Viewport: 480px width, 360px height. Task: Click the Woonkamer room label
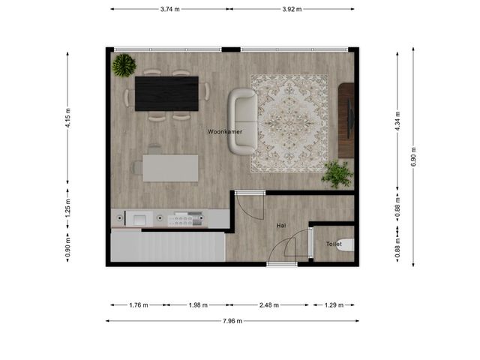point(225,132)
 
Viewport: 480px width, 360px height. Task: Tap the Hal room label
point(281,226)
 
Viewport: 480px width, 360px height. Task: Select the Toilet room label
point(334,244)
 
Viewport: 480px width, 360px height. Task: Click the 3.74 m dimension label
point(170,9)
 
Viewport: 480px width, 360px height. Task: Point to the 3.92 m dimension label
point(292,9)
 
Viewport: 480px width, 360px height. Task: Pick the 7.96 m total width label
point(232,321)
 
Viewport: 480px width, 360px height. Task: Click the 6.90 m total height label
point(413,157)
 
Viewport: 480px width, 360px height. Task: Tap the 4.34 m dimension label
point(397,121)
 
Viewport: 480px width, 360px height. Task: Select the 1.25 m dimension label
point(68,208)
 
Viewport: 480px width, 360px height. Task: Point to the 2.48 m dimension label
point(269,305)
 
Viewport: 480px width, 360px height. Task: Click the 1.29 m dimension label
point(334,305)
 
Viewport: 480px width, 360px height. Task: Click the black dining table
point(166,94)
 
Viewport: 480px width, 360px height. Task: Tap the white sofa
point(243,121)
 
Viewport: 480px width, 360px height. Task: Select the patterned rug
point(289,123)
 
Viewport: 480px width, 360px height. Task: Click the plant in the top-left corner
point(124,65)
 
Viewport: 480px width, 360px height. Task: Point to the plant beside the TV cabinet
point(337,174)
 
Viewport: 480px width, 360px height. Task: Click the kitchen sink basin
point(139,219)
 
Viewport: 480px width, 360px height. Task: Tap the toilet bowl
point(345,245)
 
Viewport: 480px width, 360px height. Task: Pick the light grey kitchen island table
point(170,168)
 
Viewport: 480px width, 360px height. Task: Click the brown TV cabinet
point(346,120)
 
